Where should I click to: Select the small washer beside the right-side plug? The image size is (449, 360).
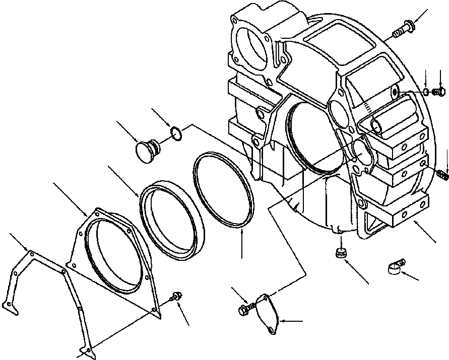[x=426, y=92]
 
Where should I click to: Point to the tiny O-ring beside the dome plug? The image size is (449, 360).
[x=175, y=133]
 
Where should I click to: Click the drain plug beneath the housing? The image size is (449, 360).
[x=341, y=253]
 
